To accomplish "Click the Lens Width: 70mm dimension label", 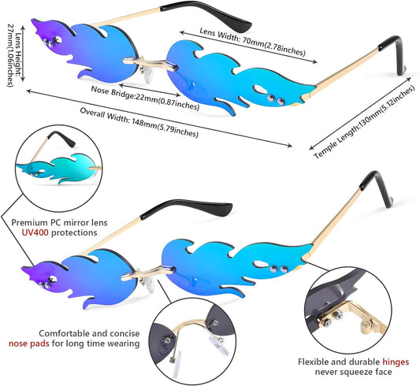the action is [252, 42].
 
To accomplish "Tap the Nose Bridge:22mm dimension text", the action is [145, 98].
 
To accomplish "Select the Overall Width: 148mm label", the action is [139, 122].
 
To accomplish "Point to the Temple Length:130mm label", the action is [364, 122].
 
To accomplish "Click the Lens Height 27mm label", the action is [14, 55].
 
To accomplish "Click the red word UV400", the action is [35, 232].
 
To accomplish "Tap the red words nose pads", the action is [29, 343].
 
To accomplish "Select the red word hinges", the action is [396, 362].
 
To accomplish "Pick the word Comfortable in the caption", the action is [64, 333].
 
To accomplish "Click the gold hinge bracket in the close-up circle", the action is [354, 317].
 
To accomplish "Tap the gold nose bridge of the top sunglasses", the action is [151, 64].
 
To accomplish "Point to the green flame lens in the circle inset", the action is [58, 169].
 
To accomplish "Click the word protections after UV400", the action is [74, 232].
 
